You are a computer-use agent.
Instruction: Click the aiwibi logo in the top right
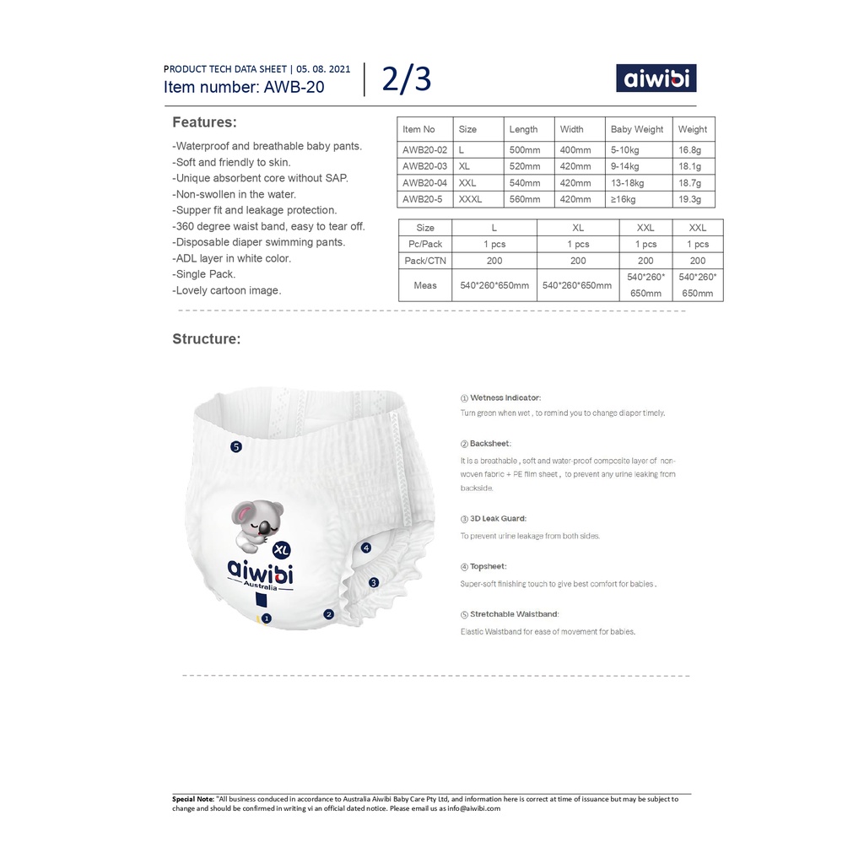point(656,78)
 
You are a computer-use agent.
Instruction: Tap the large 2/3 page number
point(406,78)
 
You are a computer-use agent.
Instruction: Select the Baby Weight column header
point(637,129)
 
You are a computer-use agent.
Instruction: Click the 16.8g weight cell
point(692,148)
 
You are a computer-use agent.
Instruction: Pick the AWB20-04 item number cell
point(424,183)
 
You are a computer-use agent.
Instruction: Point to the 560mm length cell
point(525,200)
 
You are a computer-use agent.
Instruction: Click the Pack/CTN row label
point(425,262)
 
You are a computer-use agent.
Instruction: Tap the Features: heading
point(204,122)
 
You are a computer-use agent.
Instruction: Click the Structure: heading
point(207,339)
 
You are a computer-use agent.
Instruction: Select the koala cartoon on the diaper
point(258,520)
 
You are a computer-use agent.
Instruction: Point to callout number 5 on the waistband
point(236,446)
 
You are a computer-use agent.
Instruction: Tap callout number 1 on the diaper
point(267,618)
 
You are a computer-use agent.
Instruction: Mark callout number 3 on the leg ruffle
point(374,582)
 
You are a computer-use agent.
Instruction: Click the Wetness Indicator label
point(505,397)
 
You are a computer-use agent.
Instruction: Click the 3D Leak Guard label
point(498,519)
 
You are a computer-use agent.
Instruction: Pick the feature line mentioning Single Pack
point(206,274)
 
